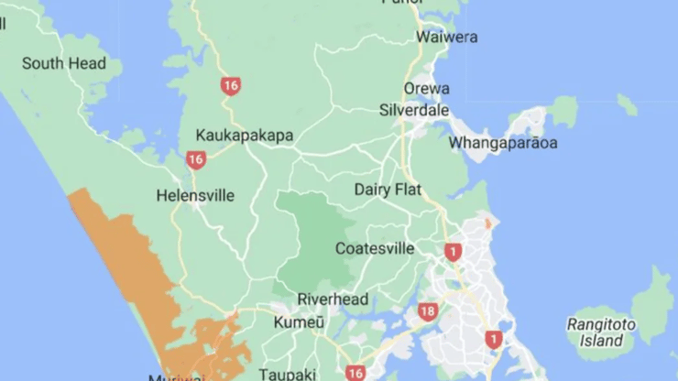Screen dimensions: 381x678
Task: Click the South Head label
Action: (64, 63)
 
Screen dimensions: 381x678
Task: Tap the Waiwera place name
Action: (446, 38)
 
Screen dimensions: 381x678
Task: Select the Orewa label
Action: (427, 89)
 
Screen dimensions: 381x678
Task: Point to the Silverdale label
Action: (414, 110)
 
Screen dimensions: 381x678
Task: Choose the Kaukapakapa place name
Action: (245, 136)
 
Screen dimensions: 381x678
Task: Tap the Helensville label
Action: (195, 195)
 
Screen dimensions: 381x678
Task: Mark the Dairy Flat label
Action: (388, 190)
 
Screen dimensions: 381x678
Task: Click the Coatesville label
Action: (375, 248)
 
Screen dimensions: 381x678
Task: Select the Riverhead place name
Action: (333, 299)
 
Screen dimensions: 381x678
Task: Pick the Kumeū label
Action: (299, 322)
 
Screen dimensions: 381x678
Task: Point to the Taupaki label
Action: (288, 374)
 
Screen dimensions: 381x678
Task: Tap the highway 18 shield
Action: (427, 311)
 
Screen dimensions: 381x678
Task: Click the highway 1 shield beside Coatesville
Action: (453, 252)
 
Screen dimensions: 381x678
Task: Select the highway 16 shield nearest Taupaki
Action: (356, 373)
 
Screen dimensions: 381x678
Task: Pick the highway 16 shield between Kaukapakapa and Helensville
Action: (195, 160)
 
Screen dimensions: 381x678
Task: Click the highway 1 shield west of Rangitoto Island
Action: (495, 340)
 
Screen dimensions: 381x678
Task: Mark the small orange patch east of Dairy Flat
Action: (487, 223)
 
